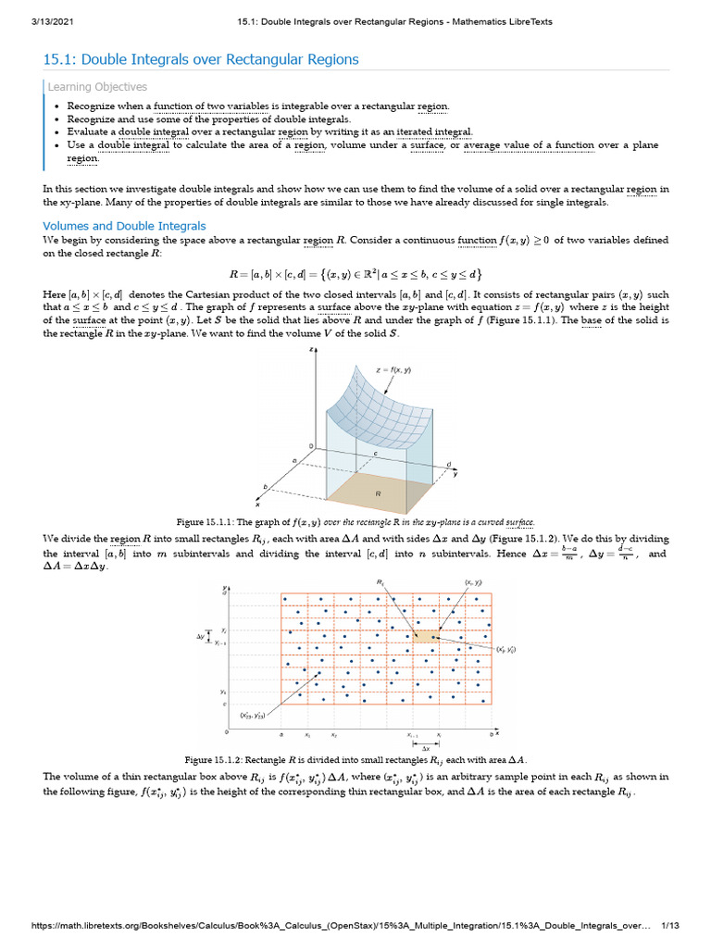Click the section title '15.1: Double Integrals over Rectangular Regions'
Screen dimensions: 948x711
201,60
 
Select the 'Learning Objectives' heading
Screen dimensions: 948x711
98,87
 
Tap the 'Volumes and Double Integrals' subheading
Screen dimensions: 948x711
125,226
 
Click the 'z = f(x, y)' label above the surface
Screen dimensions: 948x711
393,370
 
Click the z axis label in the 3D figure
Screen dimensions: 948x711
313,349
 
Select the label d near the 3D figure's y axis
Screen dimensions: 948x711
448,463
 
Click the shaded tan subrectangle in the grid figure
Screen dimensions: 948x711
424,635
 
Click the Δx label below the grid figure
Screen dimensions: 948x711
425,746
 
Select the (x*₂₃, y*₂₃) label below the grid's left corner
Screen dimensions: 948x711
252,715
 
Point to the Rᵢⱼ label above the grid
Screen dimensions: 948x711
380,581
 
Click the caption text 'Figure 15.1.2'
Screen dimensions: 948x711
216,759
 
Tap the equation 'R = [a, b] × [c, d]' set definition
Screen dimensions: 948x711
355,275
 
